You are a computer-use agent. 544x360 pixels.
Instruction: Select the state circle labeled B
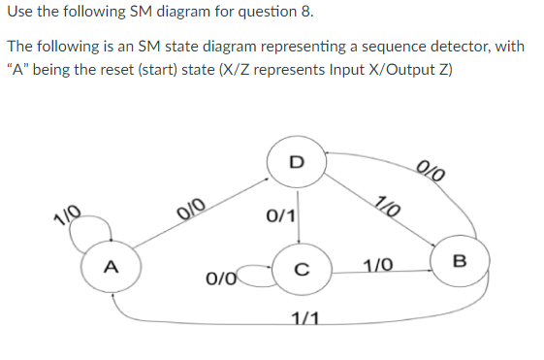pos(459,260)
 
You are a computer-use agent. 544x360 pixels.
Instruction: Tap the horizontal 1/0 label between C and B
pos(378,265)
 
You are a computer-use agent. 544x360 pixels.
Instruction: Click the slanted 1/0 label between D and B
pos(385,208)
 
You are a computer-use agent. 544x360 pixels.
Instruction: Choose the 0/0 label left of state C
pos(219,279)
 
